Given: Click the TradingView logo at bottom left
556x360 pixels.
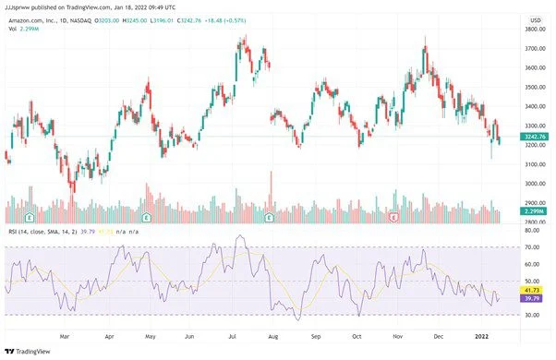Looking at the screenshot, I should [x=27, y=352].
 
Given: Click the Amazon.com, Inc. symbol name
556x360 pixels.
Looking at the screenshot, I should [x=34, y=18].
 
